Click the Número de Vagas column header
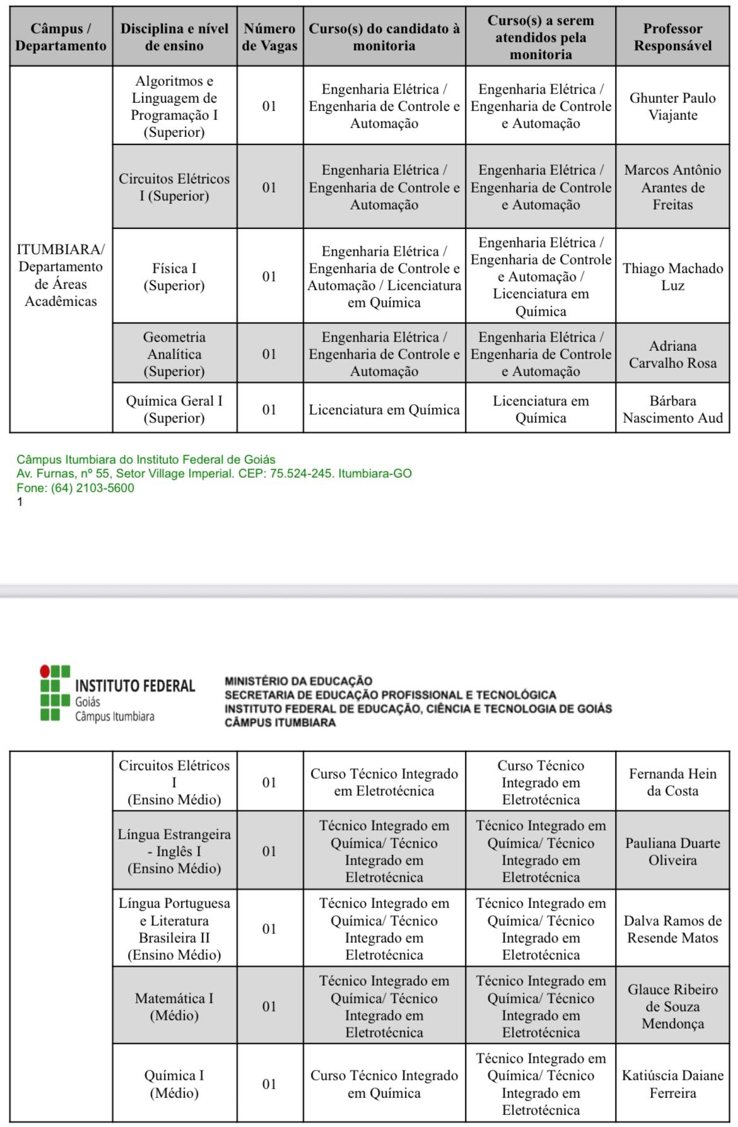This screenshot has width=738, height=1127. point(269,37)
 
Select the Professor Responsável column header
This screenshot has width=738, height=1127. point(672,37)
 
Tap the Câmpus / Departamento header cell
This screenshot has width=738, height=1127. point(61,37)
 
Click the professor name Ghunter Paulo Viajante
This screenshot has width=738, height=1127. point(672,106)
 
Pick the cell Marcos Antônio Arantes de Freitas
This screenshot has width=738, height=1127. point(672,187)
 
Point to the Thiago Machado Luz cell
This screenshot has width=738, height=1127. point(672,276)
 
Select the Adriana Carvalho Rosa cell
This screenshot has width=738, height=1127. point(672,354)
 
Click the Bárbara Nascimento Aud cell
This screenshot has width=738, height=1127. point(672,409)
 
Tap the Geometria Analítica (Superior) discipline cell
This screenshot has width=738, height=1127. point(174,354)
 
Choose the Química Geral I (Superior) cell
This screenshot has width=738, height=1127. point(174,409)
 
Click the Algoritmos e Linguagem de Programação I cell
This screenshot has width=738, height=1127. point(174,106)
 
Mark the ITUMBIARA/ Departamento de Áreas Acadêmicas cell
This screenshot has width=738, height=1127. point(61,275)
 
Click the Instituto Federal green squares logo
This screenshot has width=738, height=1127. point(54,692)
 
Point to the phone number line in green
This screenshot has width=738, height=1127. point(75,488)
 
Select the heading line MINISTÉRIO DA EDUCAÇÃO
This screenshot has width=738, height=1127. point(298,681)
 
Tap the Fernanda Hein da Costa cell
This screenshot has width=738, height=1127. point(672,782)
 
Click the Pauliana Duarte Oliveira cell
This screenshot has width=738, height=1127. point(672,851)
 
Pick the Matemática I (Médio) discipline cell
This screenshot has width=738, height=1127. point(174,1006)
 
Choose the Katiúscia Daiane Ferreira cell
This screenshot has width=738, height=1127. point(672,1084)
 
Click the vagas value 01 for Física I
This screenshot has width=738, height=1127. point(269,276)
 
